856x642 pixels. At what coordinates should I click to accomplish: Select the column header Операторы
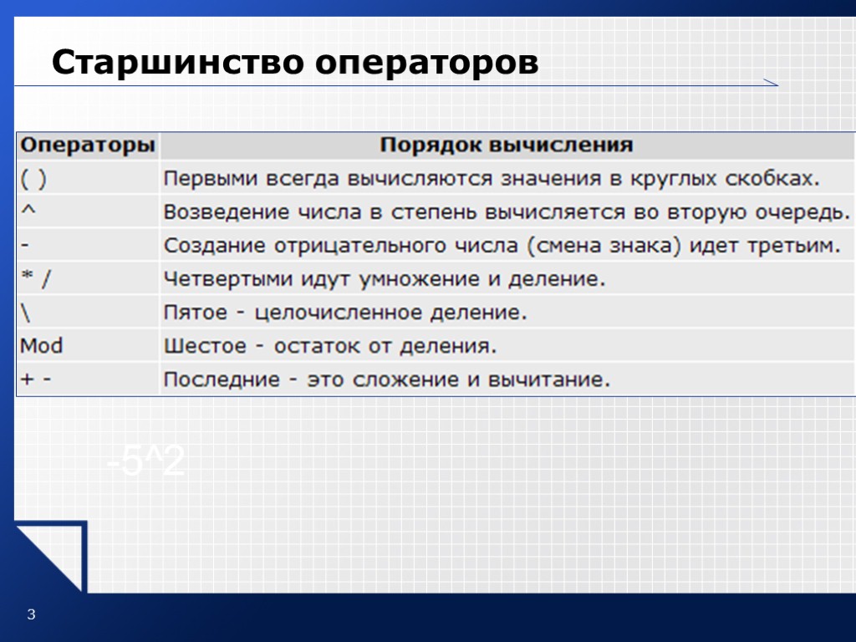88,145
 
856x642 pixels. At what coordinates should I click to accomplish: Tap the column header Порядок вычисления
507,145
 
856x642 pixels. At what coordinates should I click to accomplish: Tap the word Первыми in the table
211,179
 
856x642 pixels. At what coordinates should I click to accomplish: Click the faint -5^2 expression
146,462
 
